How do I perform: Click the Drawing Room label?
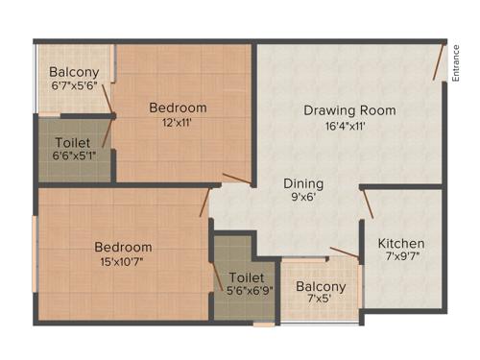point(349,110)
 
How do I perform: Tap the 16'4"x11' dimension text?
point(349,127)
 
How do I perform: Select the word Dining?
point(302,183)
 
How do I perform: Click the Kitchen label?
point(400,243)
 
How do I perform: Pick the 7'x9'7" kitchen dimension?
point(400,257)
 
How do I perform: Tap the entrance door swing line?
point(438,63)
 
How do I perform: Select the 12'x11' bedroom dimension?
point(178,123)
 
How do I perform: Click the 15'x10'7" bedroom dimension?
point(123,262)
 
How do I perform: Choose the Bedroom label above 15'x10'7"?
point(123,247)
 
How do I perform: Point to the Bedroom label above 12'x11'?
point(178,108)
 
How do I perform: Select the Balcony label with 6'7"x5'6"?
point(73,71)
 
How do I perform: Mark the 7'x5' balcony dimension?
point(320,301)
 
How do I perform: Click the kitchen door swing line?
point(367,203)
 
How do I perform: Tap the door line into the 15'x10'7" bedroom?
point(204,202)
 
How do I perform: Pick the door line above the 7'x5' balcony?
point(344,253)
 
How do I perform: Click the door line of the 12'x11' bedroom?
point(236,178)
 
